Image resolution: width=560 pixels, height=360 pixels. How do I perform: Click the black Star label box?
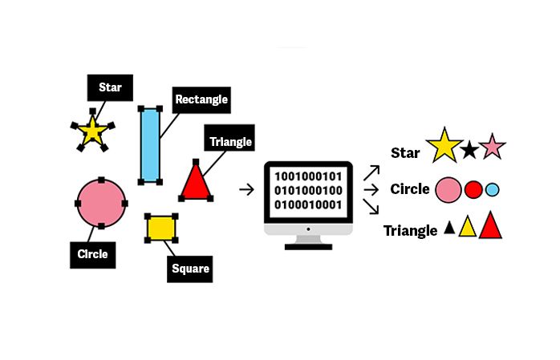[x=110, y=87]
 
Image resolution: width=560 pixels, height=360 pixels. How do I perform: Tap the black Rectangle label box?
[x=201, y=100]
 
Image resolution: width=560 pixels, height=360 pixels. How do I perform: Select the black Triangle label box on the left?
[x=230, y=142]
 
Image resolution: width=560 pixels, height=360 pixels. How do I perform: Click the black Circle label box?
[x=92, y=254]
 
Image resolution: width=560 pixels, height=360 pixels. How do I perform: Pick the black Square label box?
[x=190, y=269]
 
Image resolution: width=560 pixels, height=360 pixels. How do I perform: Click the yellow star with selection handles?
[x=92, y=131]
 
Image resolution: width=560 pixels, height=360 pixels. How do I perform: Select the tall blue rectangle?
[x=149, y=145]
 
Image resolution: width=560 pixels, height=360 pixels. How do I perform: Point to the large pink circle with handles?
[x=101, y=204]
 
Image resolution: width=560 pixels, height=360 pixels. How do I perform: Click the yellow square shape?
[x=161, y=228]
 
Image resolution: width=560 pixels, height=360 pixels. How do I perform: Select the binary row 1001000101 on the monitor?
[x=309, y=176]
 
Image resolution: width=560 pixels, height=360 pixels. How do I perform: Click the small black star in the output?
[x=469, y=149]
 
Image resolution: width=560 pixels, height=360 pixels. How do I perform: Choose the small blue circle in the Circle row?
[x=493, y=190]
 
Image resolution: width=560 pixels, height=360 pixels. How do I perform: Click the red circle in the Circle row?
[x=473, y=190]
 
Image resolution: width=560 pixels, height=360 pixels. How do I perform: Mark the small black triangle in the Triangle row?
[x=449, y=229]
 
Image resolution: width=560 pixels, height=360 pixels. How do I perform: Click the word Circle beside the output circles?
[x=410, y=190]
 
